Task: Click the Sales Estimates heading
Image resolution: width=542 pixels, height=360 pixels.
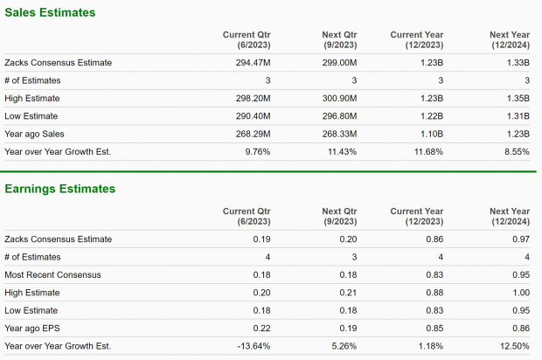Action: [x=51, y=13]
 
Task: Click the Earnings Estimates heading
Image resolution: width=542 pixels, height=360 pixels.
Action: [x=60, y=189]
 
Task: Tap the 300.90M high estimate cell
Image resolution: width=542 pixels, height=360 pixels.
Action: [x=329, y=98]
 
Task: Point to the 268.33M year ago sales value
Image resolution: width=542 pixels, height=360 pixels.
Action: [x=329, y=134]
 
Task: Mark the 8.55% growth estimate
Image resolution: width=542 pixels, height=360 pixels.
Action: [x=516, y=151]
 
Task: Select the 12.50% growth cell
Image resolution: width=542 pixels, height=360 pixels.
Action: [x=513, y=346]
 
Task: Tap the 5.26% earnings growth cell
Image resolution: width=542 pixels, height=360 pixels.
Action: [x=333, y=346]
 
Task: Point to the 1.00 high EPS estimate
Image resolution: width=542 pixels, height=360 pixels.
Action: [x=519, y=293]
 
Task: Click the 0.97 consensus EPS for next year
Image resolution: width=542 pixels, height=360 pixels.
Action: [x=519, y=239]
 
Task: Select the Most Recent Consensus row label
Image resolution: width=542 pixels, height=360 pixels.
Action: [x=52, y=274]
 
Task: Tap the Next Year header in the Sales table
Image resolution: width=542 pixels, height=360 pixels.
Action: [x=509, y=39]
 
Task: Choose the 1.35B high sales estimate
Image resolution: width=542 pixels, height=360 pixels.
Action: [x=518, y=98]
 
